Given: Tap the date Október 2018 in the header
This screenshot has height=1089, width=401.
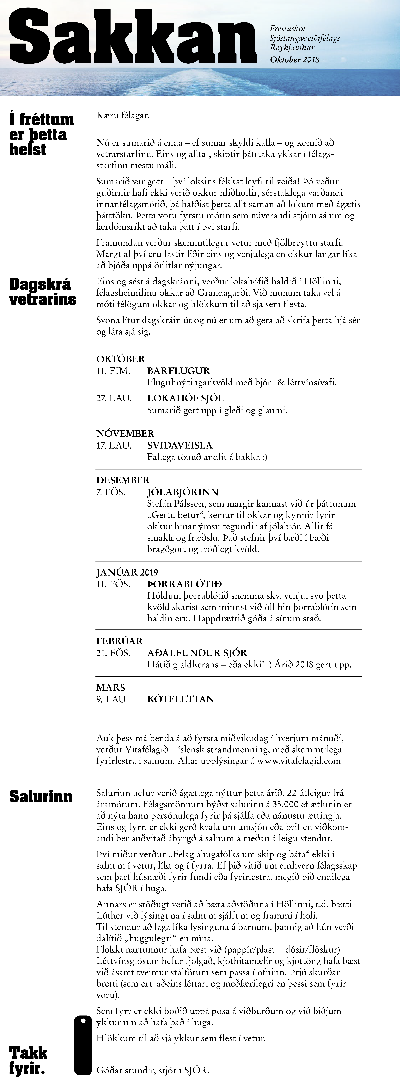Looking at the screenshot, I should [294, 60].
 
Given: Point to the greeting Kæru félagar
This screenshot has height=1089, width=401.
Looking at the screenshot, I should [123, 115].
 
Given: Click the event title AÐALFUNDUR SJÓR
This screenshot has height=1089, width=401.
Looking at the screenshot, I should [197, 653].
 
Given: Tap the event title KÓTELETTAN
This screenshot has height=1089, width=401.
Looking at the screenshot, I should [180, 699].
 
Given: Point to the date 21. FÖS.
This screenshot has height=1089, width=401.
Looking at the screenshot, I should [113, 653].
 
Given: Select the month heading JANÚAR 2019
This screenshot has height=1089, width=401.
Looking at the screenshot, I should [127, 572].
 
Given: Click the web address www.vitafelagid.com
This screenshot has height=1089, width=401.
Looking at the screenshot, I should [299, 761].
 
